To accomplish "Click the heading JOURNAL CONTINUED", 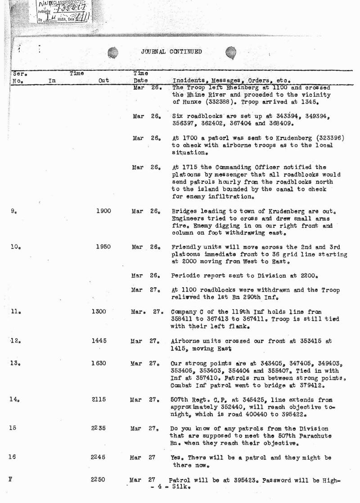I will pos(171,52).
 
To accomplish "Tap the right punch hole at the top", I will pos(231,54).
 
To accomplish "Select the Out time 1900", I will pos(103,211).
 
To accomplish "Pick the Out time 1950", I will pos(103,247).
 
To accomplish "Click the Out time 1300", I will pos(99,312).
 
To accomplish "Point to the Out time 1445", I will pos(99,341).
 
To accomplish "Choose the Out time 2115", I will pos(99,399).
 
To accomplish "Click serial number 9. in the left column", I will pos(14,211).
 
